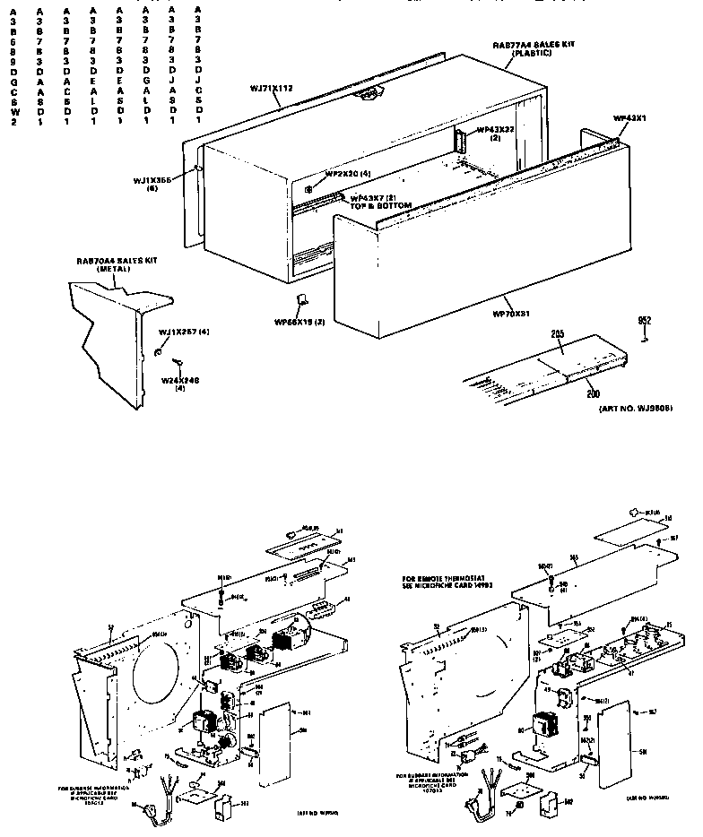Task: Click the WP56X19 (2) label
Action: (300, 321)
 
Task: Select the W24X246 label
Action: (179, 384)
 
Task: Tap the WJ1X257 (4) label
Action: (183, 333)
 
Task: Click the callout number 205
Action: (557, 334)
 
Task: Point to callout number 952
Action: (643, 320)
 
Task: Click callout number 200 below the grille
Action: (591, 393)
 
